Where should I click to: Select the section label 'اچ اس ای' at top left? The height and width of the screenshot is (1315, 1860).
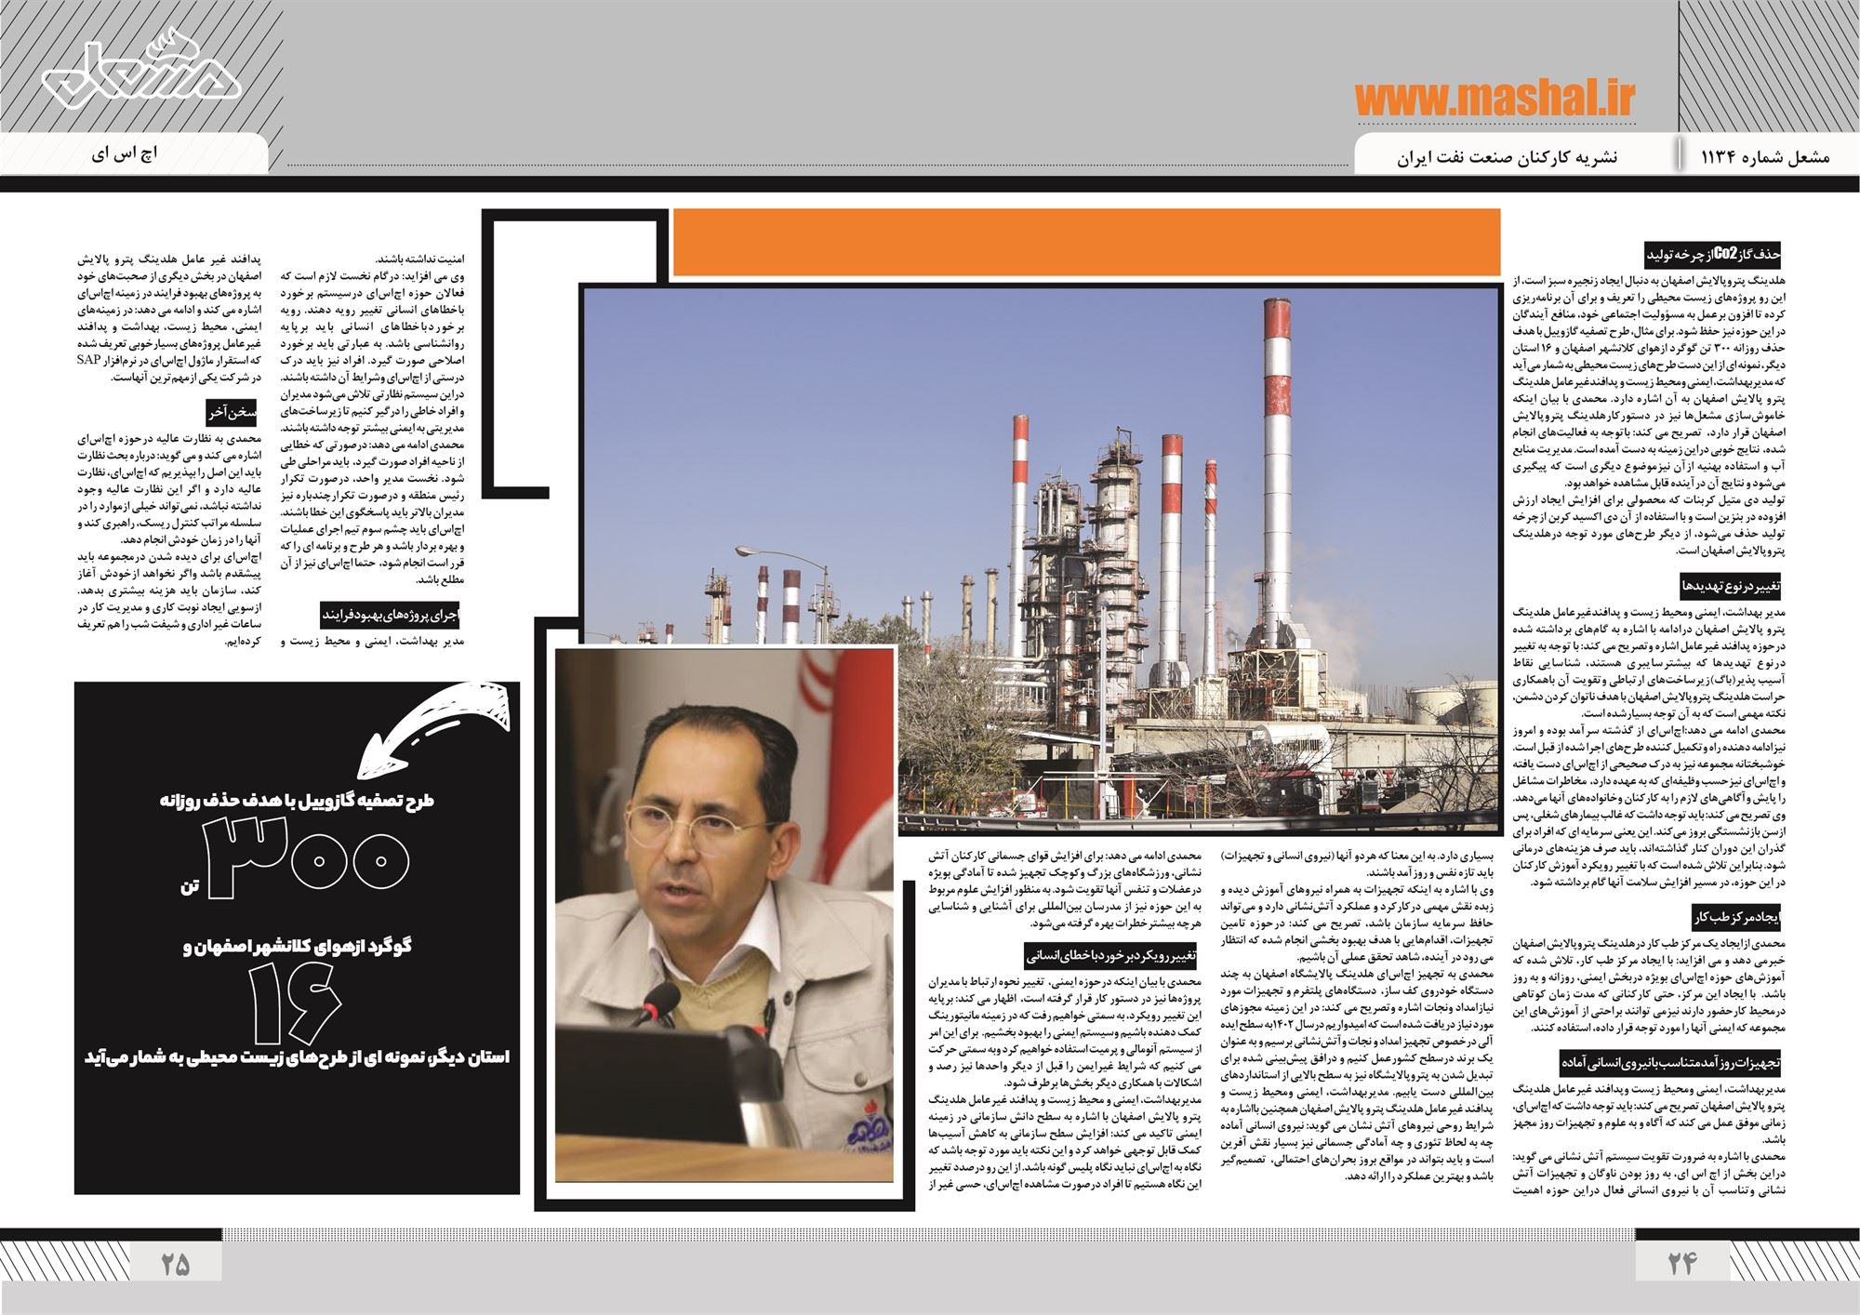(x=125, y=153)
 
